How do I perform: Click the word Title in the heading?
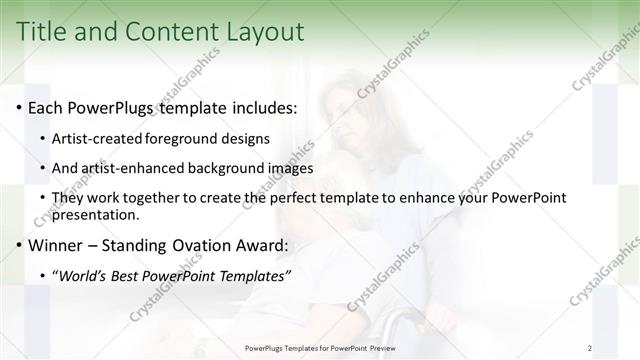(x=44, y=31)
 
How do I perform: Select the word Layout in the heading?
(x=265, y=31)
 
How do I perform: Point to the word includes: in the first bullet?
(x=261, y=107)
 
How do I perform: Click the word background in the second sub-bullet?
(x=218, y=168)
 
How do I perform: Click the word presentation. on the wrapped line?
(x=98, y=214)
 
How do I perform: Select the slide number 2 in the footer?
(x=589, y=348)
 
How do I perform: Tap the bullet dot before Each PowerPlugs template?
(x=19, y=107)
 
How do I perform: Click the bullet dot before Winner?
(x=19, y=245)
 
